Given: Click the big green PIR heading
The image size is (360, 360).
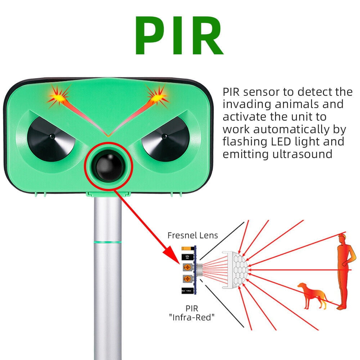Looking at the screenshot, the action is (179, 35).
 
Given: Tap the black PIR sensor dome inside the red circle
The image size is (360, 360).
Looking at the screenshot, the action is (109, 166).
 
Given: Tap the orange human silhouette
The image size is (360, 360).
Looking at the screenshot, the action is (346, 271).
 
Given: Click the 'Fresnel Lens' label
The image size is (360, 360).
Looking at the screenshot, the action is (193, 235).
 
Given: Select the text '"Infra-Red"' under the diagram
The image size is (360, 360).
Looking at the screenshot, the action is (192, 318).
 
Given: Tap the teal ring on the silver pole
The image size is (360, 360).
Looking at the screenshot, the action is (108, 242).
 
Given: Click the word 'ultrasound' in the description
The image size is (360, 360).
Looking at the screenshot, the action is (302, 154).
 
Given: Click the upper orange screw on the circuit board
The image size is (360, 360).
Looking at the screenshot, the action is (187, 267).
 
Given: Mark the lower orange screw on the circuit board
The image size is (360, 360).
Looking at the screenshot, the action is (187, 279).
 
